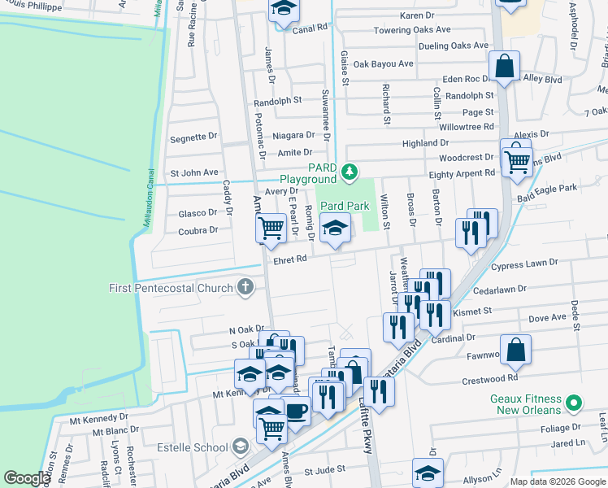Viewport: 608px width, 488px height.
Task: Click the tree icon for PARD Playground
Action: tap(349, 171)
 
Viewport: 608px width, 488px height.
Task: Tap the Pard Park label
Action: tap(345, 207)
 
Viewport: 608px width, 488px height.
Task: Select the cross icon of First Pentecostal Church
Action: tap(245, 287)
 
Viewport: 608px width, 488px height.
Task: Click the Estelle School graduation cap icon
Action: tap(240, 447)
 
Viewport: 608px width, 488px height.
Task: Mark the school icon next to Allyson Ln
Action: tap(428, 472)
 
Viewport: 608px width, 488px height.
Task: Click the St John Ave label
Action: tap(193, 172)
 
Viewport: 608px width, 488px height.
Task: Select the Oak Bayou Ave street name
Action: tap(383, 63)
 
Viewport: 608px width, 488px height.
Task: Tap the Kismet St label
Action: tap(476, 311)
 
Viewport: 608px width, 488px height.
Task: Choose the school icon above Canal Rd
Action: tap(284, 9)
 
